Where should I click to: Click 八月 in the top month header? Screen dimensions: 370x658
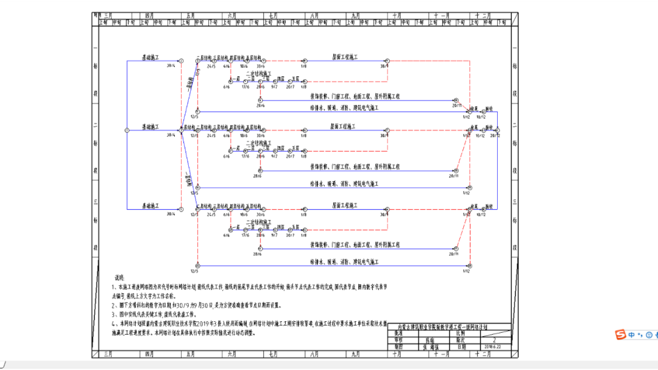314,15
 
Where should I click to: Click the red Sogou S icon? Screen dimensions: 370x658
619,335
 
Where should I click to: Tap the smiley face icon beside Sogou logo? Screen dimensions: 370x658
649,335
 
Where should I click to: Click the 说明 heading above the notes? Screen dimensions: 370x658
119,278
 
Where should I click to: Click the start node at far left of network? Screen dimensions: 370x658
126,130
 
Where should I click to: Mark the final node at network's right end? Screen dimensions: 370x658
498,130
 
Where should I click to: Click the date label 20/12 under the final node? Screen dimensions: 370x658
498,136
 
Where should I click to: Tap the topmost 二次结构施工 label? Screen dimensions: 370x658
258,73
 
